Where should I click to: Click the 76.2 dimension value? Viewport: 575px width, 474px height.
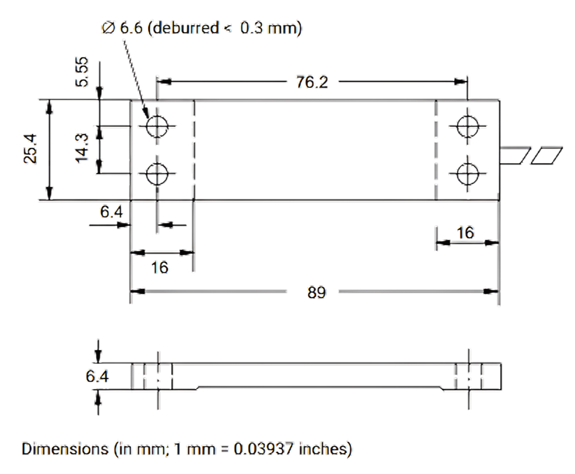312,82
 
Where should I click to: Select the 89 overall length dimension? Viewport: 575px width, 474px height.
316,292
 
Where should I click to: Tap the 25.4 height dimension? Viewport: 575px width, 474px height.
30,150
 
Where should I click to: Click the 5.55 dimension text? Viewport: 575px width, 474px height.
82,72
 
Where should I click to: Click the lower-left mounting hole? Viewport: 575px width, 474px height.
157,174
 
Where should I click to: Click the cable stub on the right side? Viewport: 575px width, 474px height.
531,155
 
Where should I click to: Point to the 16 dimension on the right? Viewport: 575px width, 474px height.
465,232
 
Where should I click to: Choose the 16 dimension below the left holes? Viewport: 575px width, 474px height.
159,266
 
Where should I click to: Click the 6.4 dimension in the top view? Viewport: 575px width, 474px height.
111,212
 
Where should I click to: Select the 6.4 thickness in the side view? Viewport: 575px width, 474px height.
97,377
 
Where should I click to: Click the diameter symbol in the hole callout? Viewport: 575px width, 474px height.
108,29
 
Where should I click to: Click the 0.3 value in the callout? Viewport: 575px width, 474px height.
252,29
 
